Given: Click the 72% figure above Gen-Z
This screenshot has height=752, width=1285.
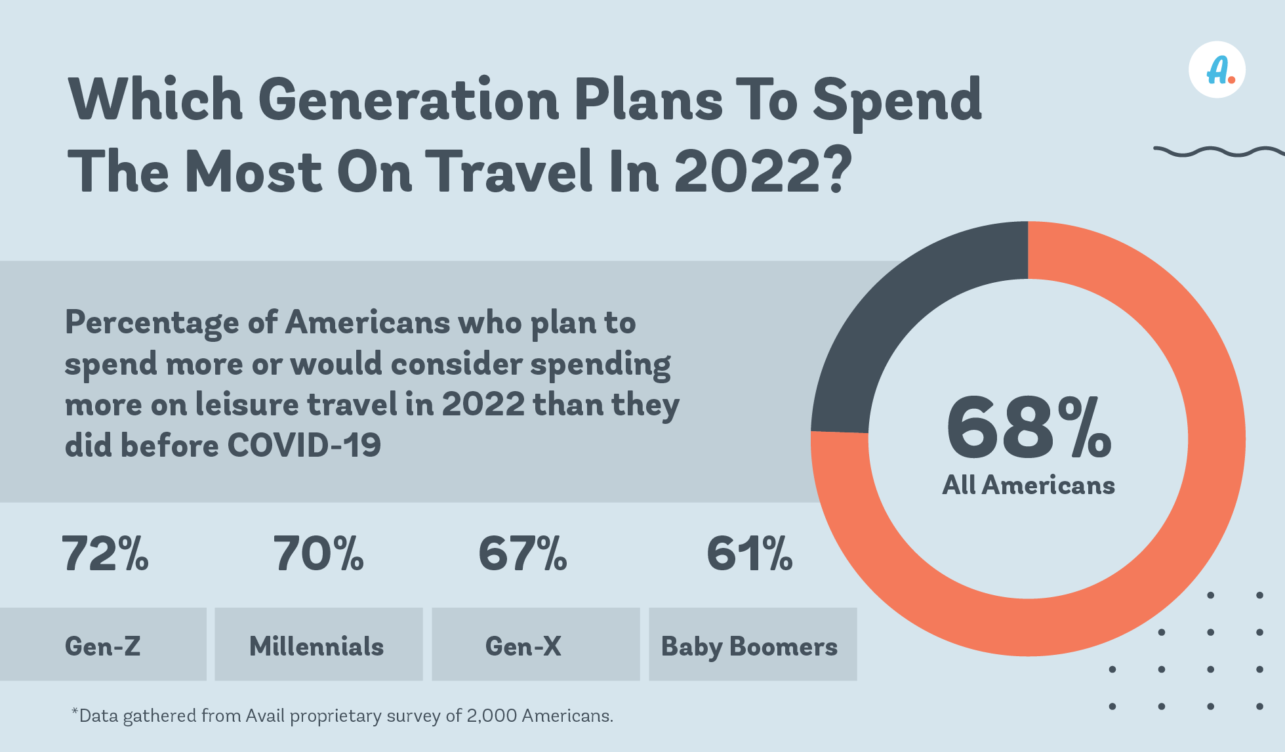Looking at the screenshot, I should tap(105, 554).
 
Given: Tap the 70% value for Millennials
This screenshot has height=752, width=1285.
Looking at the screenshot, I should tap(318, 554).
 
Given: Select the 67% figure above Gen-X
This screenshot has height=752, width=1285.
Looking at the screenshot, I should tap(523, 554).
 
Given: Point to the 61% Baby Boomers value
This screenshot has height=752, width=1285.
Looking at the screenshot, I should tap(750, 554).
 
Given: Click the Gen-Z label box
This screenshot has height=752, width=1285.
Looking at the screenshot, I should tap(103, 644).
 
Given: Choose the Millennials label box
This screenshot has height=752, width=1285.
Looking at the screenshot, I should tap(318, 644).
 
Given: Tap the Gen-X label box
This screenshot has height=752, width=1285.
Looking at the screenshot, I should tap(535, 644).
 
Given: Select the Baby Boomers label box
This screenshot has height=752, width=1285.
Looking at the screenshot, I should tap(752, 644).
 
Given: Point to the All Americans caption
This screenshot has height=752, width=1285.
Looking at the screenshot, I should tap(1028, 486).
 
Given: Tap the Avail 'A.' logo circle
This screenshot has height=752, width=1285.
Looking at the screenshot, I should tap(1217, 70).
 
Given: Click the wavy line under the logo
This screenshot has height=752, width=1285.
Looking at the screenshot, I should tap(1219, 152).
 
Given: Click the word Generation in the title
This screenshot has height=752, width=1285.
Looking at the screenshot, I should tap(408, 100).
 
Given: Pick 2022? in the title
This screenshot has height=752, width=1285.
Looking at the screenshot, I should tap(762, 172).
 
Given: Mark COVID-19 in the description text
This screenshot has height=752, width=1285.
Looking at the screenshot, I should tap(304, 446).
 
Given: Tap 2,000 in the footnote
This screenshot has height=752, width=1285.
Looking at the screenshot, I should tap(491, 716).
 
